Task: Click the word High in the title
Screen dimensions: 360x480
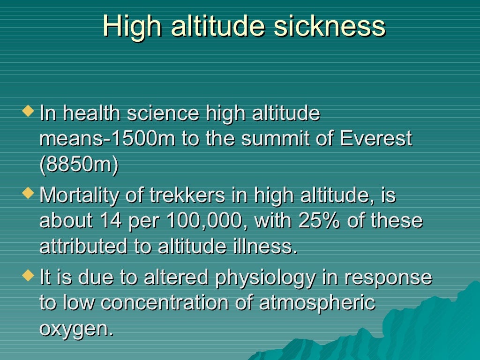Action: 132,26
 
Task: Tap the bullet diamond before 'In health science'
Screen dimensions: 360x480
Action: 29,112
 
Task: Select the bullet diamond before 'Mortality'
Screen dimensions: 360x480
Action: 29,192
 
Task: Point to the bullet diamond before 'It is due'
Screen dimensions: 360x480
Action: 29,274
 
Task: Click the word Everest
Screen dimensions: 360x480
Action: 376,139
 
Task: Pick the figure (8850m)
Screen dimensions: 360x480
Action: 79,165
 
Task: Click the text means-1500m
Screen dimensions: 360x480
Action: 108,139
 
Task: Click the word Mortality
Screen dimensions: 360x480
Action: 79,195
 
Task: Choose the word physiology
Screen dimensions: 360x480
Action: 265,278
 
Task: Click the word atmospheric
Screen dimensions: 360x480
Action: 317,303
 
